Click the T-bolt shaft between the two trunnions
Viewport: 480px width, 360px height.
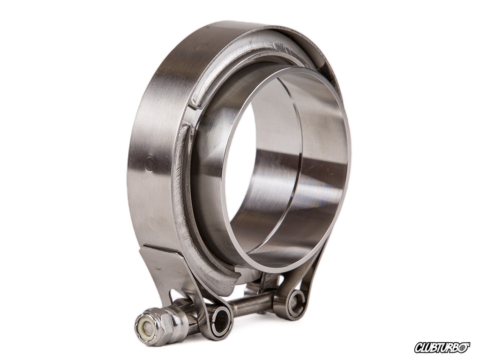coord(252,303)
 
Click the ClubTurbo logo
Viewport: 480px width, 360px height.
coord(443,347)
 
